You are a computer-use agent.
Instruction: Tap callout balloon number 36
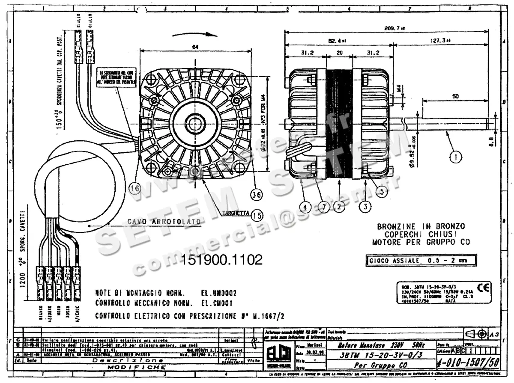[257, 194]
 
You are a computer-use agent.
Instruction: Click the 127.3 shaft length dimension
[442, 40]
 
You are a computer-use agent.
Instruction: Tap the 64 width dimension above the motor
[196, 48]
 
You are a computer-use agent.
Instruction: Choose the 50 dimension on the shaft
[455, 97]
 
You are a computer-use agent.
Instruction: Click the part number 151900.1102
[222, 260]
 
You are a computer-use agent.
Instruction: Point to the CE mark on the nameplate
[487, 287]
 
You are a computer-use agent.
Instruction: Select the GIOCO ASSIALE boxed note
[421, 260]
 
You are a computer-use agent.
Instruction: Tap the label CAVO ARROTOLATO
[164, 222]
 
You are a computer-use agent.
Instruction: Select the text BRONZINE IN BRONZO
[421, 226]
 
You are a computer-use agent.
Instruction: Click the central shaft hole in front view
[195, 123]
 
